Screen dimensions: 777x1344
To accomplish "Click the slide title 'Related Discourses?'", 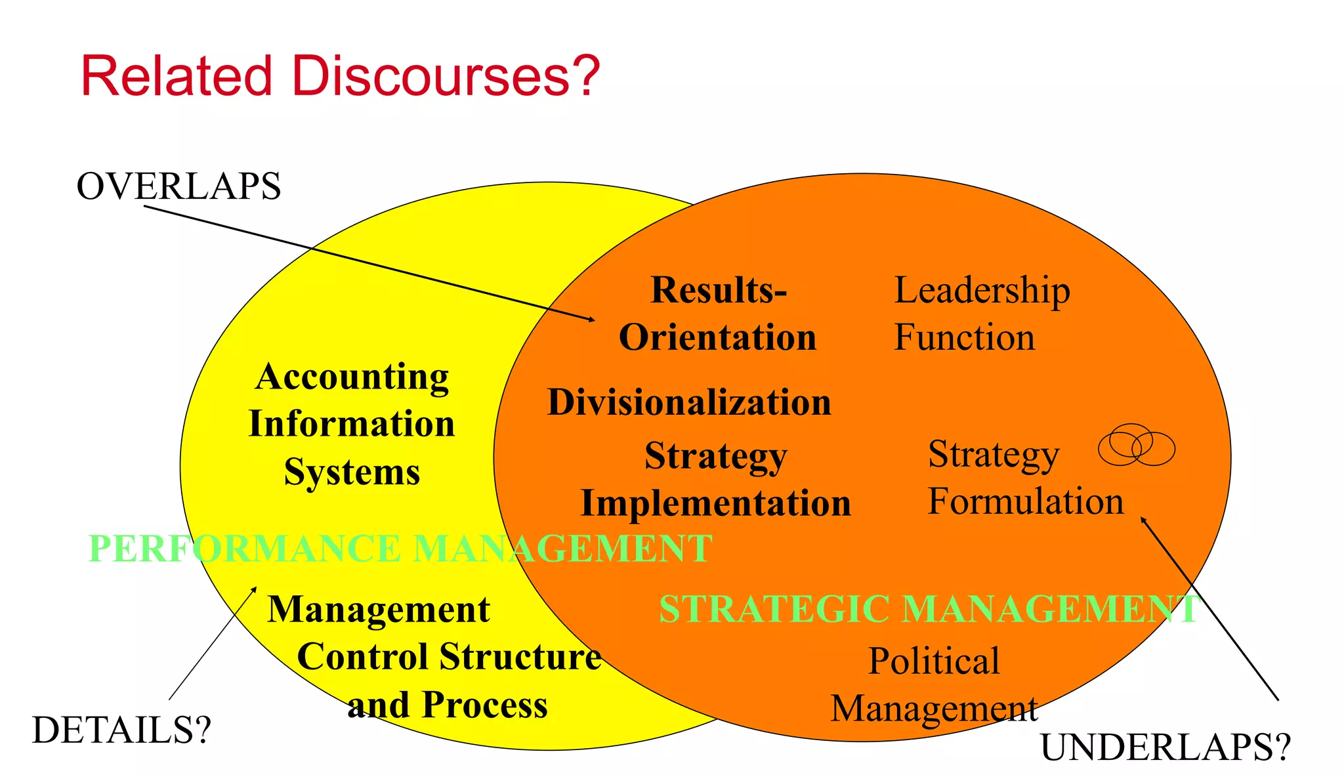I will point(340,76).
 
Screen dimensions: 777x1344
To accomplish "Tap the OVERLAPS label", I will point(178,186).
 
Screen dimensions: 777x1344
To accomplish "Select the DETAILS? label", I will point(121,730).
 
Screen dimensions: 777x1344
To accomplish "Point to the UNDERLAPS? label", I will point(1165,747).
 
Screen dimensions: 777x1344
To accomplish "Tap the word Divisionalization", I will point(689,402).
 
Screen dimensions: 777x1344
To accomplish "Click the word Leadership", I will point(982,290).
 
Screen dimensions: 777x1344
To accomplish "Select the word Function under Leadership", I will point(964,337).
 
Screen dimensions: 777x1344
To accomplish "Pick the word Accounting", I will point(352,377).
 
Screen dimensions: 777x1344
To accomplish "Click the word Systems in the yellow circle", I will point(352,471).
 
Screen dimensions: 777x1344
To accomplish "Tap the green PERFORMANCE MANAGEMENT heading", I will point(400,549).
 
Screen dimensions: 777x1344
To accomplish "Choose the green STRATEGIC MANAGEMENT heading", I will point(929,609).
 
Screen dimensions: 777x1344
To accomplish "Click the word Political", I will point(934,660).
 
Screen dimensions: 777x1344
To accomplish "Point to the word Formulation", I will point(1025,501).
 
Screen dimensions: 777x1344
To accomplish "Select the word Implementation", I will point(716,503).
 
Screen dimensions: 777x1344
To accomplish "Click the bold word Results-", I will point(719,290).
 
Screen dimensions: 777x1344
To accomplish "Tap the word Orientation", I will point(718,337).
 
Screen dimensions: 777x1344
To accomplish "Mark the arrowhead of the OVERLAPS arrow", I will point(592,320).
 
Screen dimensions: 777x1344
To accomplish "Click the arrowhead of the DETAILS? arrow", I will point(255,589).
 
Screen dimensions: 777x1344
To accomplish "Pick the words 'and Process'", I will point(448,705).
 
